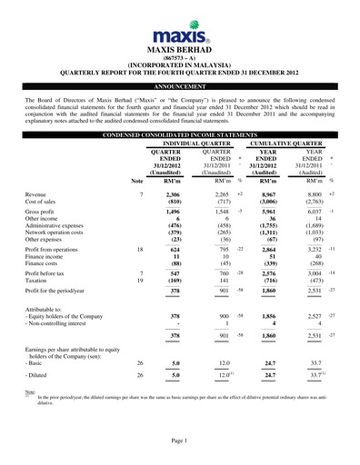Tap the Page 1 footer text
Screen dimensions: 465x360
pyautogui.click(x=179, y=439)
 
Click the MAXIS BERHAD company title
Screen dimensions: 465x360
pyautogui.click(x=179, y=52)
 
